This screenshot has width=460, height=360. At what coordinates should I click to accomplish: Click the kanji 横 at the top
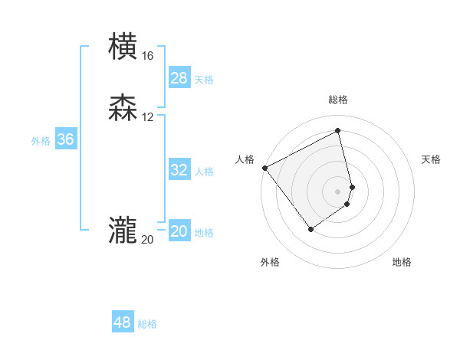tap(123, 47)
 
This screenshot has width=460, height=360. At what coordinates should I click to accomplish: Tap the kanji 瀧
tap(123, 231)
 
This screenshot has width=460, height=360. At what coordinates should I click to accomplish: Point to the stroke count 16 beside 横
tap(147, 56)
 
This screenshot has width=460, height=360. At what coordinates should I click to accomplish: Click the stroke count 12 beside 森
tap(147, 117)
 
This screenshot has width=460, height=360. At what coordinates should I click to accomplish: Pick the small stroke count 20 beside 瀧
tap(147, 240)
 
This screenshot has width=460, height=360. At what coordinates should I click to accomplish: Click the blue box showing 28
tap(179, 78)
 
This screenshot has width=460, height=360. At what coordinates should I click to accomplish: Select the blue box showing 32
tap(179, 170)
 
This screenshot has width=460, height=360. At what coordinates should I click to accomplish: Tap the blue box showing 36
tap(66, 139)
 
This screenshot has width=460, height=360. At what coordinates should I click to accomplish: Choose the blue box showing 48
tap(123, 322)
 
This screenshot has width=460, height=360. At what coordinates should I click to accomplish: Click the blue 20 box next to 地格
tap(179, 231)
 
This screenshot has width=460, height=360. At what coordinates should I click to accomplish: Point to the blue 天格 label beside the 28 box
tap(204, 80)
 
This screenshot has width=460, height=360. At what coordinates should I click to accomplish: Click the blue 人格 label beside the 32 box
tap(204, 172)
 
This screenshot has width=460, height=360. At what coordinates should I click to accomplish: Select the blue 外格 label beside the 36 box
tap(41, 141)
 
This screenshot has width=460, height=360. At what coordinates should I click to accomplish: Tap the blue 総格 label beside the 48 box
tap(147, 324)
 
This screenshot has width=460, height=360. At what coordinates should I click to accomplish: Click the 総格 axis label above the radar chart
tap(338, 100)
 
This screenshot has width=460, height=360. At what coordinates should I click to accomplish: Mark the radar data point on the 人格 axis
tap(264, 167)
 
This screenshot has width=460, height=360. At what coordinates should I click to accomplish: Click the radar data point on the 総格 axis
tap(338, 131)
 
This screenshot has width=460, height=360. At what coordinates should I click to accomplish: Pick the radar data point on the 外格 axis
tap(310, 228)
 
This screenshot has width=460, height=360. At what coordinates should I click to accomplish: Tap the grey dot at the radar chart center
tap(338, 191)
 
